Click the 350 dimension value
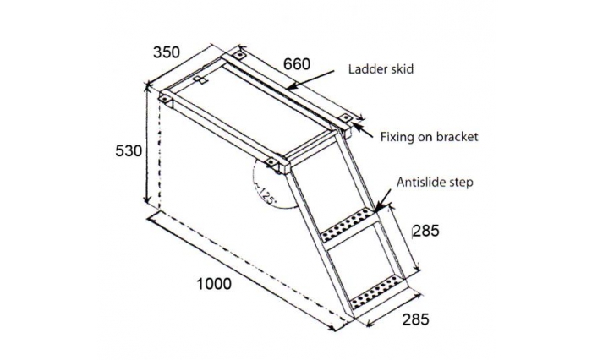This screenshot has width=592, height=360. (167, 52)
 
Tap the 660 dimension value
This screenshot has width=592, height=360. (297, 64)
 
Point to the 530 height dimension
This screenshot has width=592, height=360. (129, 151)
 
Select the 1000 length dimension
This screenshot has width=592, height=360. (214, 284)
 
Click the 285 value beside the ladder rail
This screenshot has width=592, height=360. (426, 231)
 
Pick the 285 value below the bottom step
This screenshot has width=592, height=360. (416, 319)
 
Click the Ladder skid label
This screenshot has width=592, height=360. (381, 69)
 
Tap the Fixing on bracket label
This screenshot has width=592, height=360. (430, 136)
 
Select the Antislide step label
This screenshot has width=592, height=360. (435, 183)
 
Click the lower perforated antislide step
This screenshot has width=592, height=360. (378, 292)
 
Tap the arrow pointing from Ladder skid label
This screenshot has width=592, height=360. (310, 79)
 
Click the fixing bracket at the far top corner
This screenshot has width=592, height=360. (238, 56)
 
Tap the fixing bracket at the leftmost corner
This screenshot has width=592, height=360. (166, 98)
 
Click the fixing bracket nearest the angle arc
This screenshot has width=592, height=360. (271, 162)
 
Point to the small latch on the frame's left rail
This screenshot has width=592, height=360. (200, 80)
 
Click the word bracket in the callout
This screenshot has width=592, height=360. (457, 136)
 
